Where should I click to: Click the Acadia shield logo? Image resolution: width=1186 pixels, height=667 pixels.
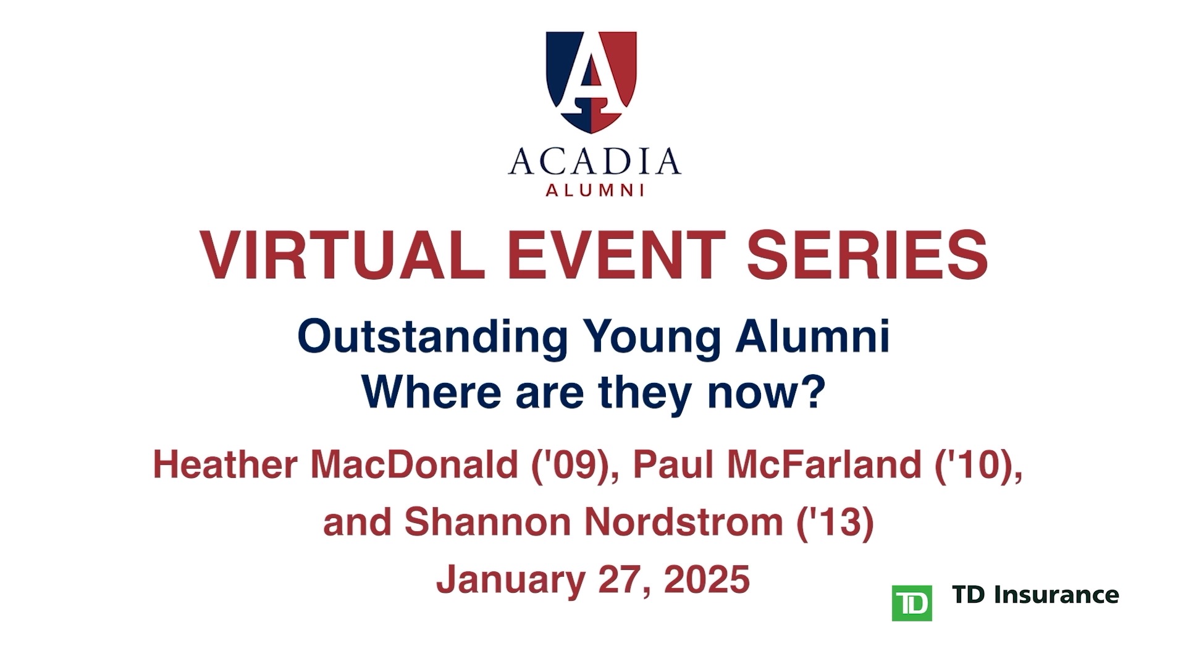pos(591,82)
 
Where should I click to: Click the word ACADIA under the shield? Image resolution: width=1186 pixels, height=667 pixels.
pos(594,162)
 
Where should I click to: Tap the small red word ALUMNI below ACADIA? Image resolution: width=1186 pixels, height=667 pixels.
pos(595,190)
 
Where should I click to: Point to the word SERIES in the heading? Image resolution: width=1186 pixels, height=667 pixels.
pos(867,255)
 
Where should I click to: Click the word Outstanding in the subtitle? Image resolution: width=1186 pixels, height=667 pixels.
pos(432,338)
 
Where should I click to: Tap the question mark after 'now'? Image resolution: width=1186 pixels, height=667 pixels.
pos(815,391)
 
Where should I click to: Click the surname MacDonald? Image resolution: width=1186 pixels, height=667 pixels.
pos(414,464)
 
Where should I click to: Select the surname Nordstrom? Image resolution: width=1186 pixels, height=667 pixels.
pos(683,522)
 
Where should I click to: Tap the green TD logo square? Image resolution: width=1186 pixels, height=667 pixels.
pos(912,602)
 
